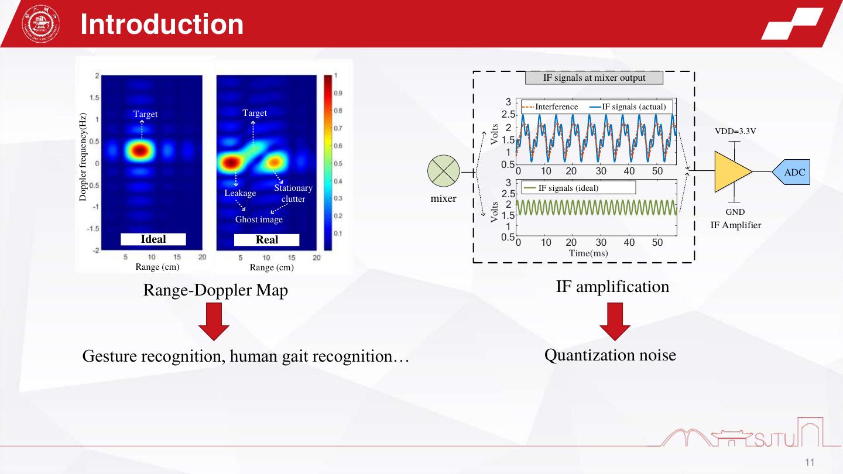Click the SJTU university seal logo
tap(40, 23)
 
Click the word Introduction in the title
tap(162, 24)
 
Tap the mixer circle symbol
tap(443, 171)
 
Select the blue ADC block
tap(791, 172)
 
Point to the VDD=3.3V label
tap(735, 131)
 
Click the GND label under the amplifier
tap(735, 212)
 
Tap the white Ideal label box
tap(153, 239)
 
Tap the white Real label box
tap(266, 240)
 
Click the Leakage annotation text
tap(240, 193)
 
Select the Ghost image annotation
tap(259, 219)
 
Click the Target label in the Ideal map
tap(145, 114)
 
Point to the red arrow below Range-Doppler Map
tap(214, 322)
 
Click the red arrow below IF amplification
tap(615, 322)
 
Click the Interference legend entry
tap(550, 107)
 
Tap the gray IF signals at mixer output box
tap(594, 78)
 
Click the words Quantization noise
tap(610, 355)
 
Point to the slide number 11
tap(810, 462)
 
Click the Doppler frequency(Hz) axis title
tap(83, 157)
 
